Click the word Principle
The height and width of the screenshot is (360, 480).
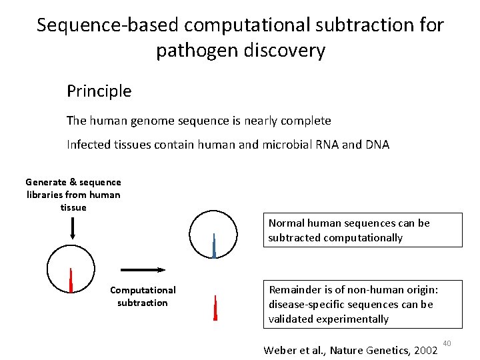[99, 91]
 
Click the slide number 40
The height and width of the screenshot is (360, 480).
[447, 343]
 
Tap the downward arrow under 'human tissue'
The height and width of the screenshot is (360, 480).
[73, 228]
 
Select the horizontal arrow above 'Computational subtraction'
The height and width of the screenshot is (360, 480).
[143, 269]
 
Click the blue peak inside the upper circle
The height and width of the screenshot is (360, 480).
[214, 246]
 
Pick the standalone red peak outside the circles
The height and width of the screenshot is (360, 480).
[215, 308]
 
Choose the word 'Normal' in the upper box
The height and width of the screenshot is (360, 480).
[286, 223]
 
